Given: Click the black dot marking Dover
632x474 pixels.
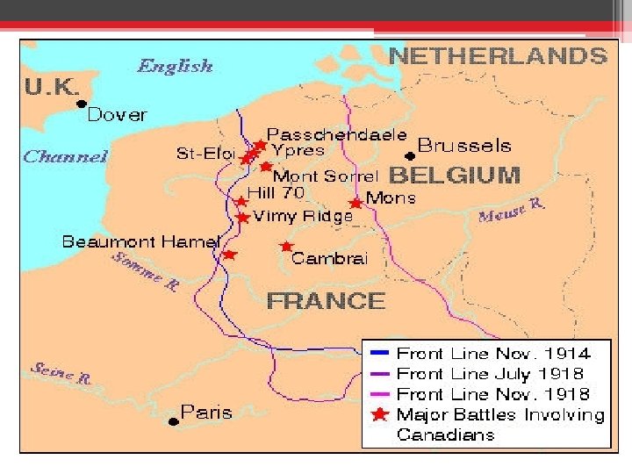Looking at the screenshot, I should [x=81, y=104].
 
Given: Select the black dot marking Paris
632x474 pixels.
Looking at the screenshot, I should [x=173, y=421].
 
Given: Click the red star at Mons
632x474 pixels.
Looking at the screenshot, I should [x=355, y=203].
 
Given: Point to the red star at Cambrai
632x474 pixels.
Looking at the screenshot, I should [x=286, y=247].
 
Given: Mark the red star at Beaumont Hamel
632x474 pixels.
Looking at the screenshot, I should [x=229, y=255].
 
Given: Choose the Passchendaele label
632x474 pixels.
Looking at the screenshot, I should [x=336, y=134].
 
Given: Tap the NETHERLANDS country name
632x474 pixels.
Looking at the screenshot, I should [x=497, y=56].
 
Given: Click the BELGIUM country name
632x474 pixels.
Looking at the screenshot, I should [x=455, y=175].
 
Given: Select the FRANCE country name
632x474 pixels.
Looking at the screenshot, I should [x=326, y=301].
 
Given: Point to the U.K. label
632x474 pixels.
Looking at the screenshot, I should [x=52, y=88].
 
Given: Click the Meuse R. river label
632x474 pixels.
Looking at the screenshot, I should [x=512, y=211].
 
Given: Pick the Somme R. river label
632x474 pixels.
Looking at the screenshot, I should [x=145, y=271].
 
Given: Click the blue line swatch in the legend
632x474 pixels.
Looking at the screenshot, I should [x=379, y=354].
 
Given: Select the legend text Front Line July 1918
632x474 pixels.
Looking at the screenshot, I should [x=492, y=374].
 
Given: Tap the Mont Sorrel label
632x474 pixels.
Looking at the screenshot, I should [x=327, y=176].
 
